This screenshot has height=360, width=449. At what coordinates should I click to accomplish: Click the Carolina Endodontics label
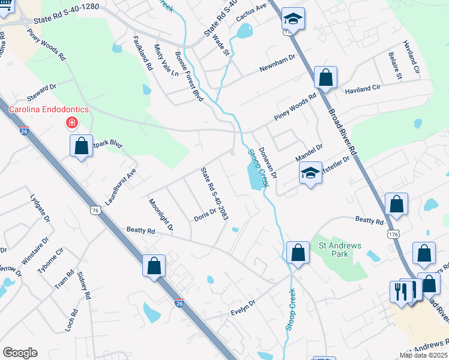[48, 109]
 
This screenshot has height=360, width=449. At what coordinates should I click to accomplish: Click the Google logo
[20, 353]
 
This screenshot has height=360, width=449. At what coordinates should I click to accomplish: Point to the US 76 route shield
[95, 210]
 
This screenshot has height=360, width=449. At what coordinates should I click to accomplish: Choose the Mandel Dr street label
[309, 152]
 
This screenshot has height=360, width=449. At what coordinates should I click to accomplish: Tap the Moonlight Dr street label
[161, 215]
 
